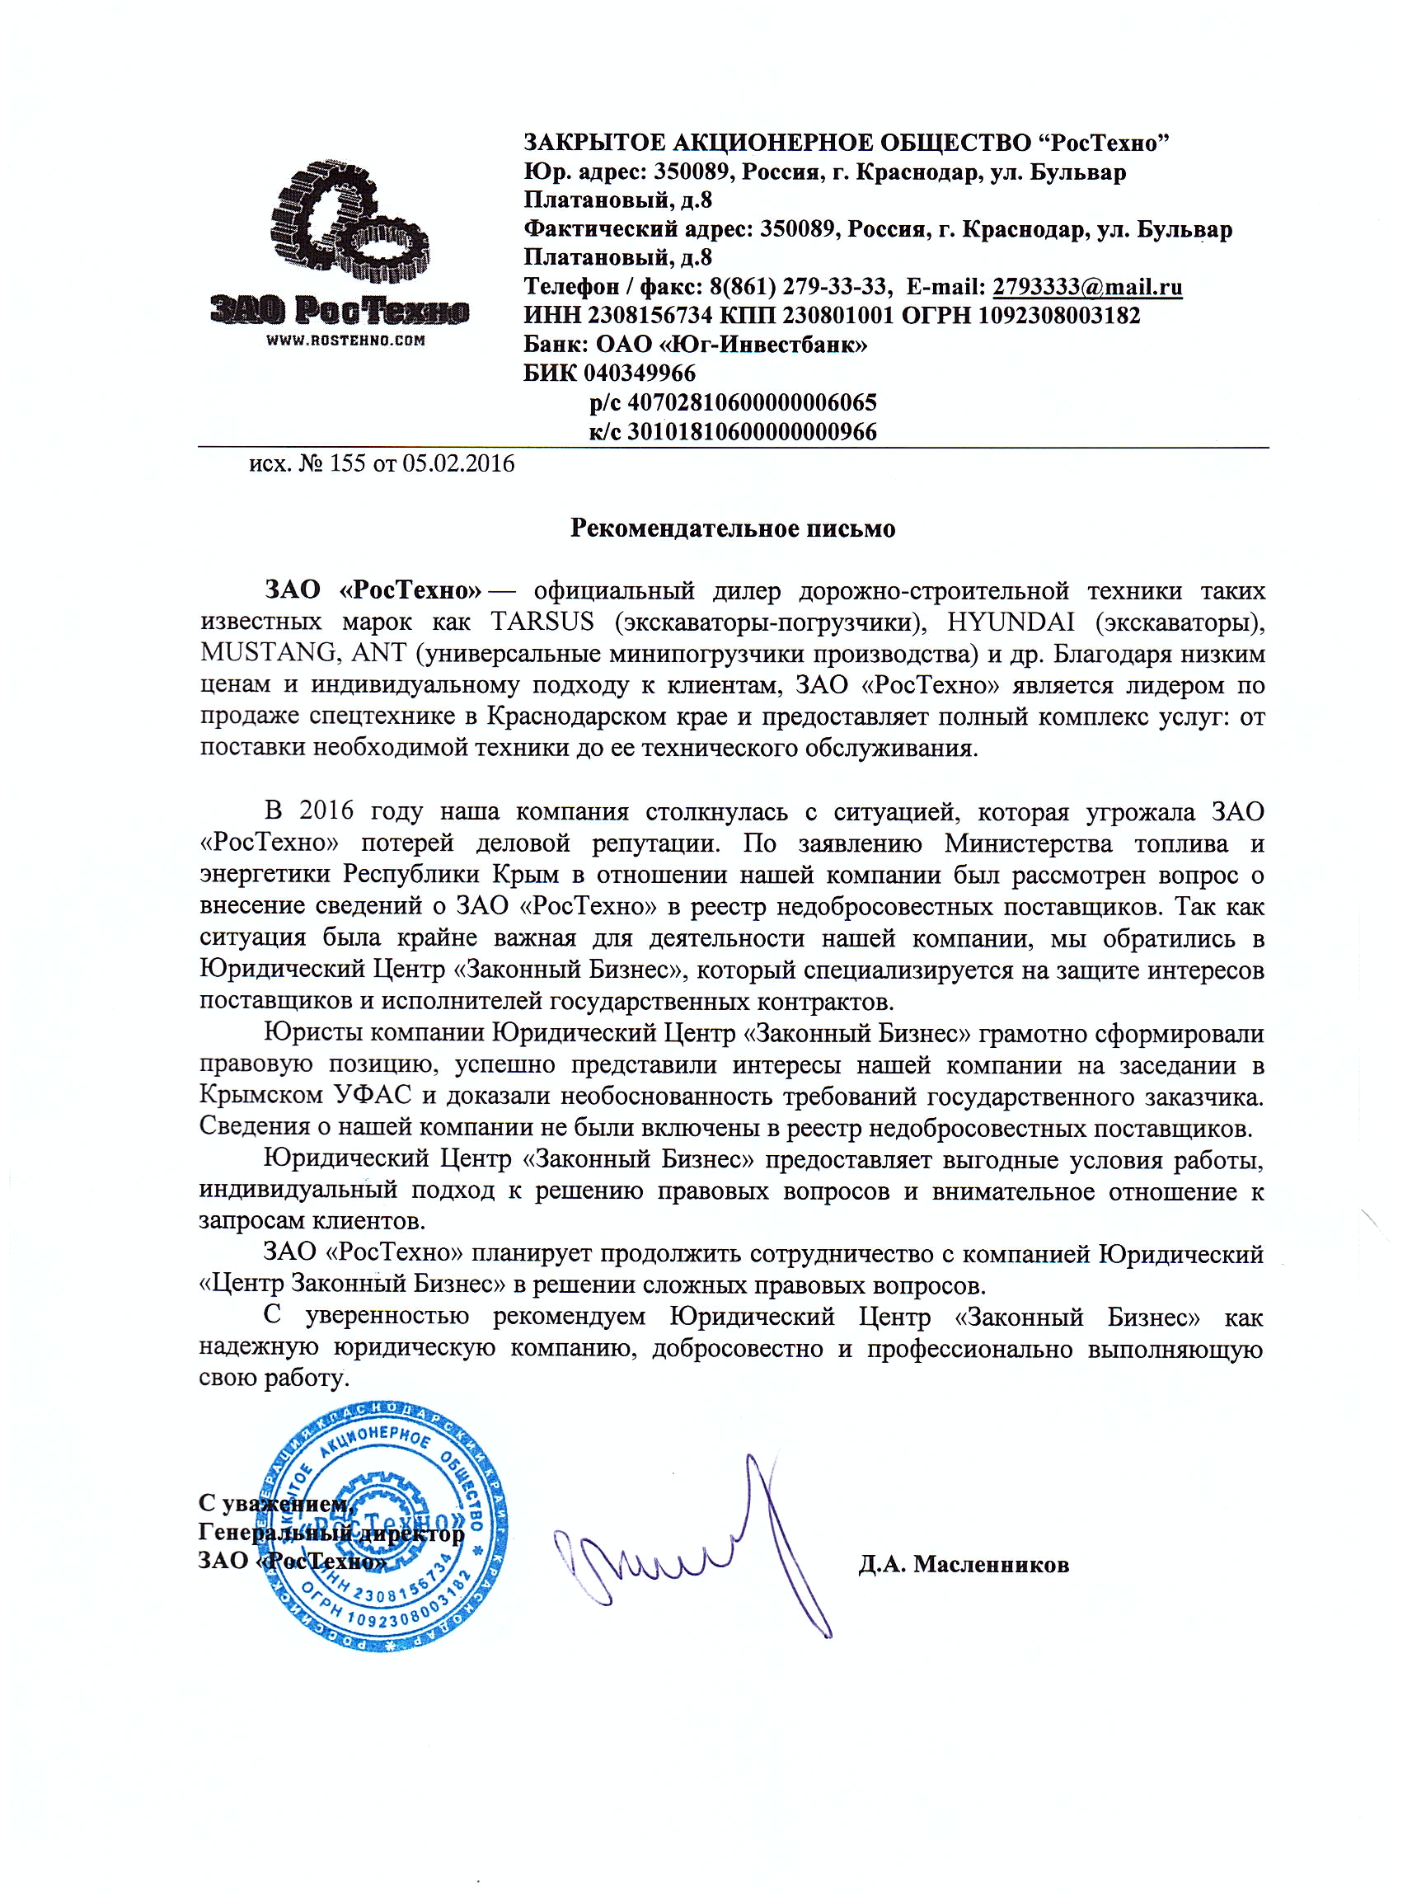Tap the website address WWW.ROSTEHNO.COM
[345, 341]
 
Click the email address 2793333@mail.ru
[1087, 286]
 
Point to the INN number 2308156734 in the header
[650, 316]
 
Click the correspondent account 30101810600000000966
[752, 432]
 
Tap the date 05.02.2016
[459, 464]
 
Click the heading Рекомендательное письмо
[733, 528]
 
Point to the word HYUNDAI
[1011, 622]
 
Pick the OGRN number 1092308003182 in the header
[1059, 316]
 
